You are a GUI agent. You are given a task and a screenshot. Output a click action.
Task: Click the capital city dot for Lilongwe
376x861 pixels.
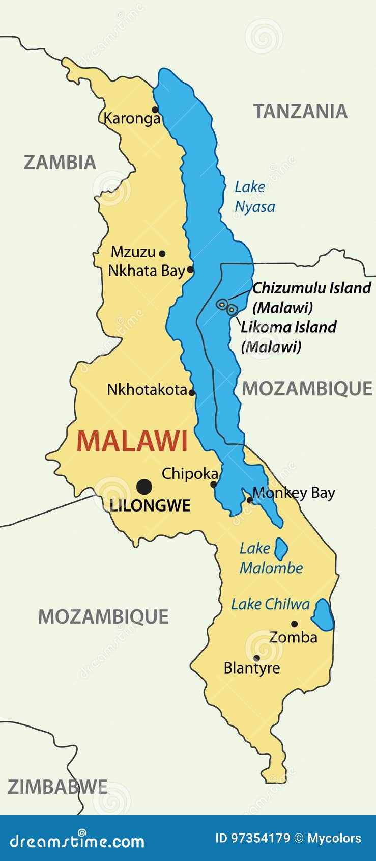[144, 487]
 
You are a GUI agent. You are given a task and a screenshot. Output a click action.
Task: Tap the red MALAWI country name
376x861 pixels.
[132, 441]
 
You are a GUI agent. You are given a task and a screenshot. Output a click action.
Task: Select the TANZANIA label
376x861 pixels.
[300, 112]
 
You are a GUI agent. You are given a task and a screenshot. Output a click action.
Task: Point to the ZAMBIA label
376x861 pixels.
[60, 163]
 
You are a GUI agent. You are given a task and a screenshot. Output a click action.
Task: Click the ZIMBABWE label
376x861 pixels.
[57, 787]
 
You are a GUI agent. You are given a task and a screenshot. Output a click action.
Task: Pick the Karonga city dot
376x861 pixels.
[155, 110]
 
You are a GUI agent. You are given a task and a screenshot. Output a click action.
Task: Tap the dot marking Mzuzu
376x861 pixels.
[162, 253]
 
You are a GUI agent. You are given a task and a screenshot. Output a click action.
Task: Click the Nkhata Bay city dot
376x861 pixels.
[190, 270]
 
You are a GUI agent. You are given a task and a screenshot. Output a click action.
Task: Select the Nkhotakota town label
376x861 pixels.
[147, 390]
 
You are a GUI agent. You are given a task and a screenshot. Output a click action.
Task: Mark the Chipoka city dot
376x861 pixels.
[214, 485]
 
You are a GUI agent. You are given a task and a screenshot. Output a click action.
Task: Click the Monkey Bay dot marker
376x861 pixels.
[250, 500]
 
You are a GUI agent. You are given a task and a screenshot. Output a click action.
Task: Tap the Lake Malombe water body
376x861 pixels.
[281, 549]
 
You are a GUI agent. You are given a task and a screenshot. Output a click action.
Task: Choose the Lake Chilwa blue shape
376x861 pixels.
[323, 615]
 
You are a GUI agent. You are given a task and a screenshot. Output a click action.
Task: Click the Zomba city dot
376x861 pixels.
[294, 624]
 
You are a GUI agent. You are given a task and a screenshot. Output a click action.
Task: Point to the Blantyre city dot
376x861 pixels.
[256, 658]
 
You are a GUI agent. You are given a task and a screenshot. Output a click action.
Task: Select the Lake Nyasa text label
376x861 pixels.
[254, 197]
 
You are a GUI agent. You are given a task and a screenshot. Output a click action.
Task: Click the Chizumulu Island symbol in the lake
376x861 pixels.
[222, 304]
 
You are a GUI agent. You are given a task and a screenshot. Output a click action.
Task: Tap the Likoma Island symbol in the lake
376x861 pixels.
[232, 309]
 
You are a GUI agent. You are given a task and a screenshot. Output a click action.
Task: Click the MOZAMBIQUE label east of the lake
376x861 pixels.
[307, 389]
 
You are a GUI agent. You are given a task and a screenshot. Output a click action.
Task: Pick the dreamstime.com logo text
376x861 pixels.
[77, 841]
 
